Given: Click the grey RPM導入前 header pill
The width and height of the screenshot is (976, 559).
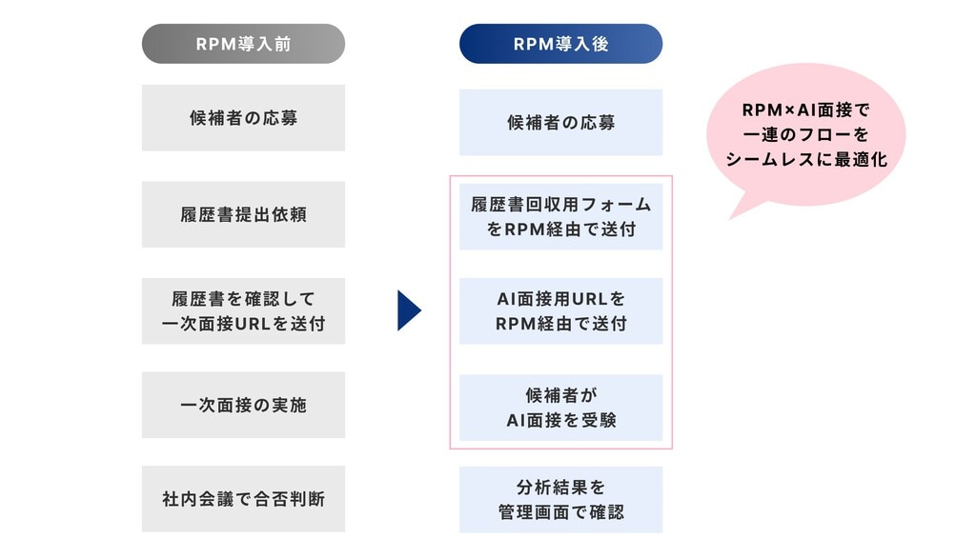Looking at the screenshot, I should pyautogui.click(x=243, y=44).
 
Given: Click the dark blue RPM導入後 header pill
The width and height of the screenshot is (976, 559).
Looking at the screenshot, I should pyautogui.click(x=560, y=44).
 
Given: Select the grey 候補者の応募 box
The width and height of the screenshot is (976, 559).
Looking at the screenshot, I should pyautogui.click(x=243, y=118).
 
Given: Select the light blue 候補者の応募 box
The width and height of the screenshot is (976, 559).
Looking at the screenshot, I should pyautogui.click(x=560, y=123).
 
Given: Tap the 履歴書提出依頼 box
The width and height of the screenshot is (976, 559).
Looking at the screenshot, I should pyautogui.click(x=243, y=215).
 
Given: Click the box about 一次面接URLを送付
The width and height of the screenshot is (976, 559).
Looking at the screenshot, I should pyautogui.click(x=243, y=311).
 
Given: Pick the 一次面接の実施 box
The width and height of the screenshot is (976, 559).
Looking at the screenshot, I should pyautogui.click(x=243, y=405).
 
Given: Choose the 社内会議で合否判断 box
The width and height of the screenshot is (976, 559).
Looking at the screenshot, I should pyautogui.click(x=243, y=498).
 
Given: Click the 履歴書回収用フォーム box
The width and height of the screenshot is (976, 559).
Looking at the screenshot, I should pyautogui.click(x=560, y=217).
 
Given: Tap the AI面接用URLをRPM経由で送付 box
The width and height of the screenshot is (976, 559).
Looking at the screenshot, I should pyautogui.click(x=560, y=311).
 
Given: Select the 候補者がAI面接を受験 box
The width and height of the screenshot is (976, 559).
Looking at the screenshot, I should pyautogui.click(x=560, y=408).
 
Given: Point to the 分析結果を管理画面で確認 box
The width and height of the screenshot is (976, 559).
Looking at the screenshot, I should pyautogui.click(x=560, y=500).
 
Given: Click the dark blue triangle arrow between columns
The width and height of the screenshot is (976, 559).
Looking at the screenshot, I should pyautogui.click(x=408, y=310).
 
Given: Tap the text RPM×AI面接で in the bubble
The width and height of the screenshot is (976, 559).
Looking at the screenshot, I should pyautogui.click(x=805, y=110).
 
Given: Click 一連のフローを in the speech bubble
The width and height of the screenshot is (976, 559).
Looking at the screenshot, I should pyautogui.click(x=805, y=135).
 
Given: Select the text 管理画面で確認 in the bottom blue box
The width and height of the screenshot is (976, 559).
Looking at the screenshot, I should pyautogui.click(x=560, y=512).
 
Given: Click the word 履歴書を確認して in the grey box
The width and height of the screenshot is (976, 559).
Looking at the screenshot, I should pyautogui.click(x=243, y=299).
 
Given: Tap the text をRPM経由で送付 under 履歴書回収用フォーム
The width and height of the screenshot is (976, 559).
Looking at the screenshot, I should pyautogui.click(x=560, y=230).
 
